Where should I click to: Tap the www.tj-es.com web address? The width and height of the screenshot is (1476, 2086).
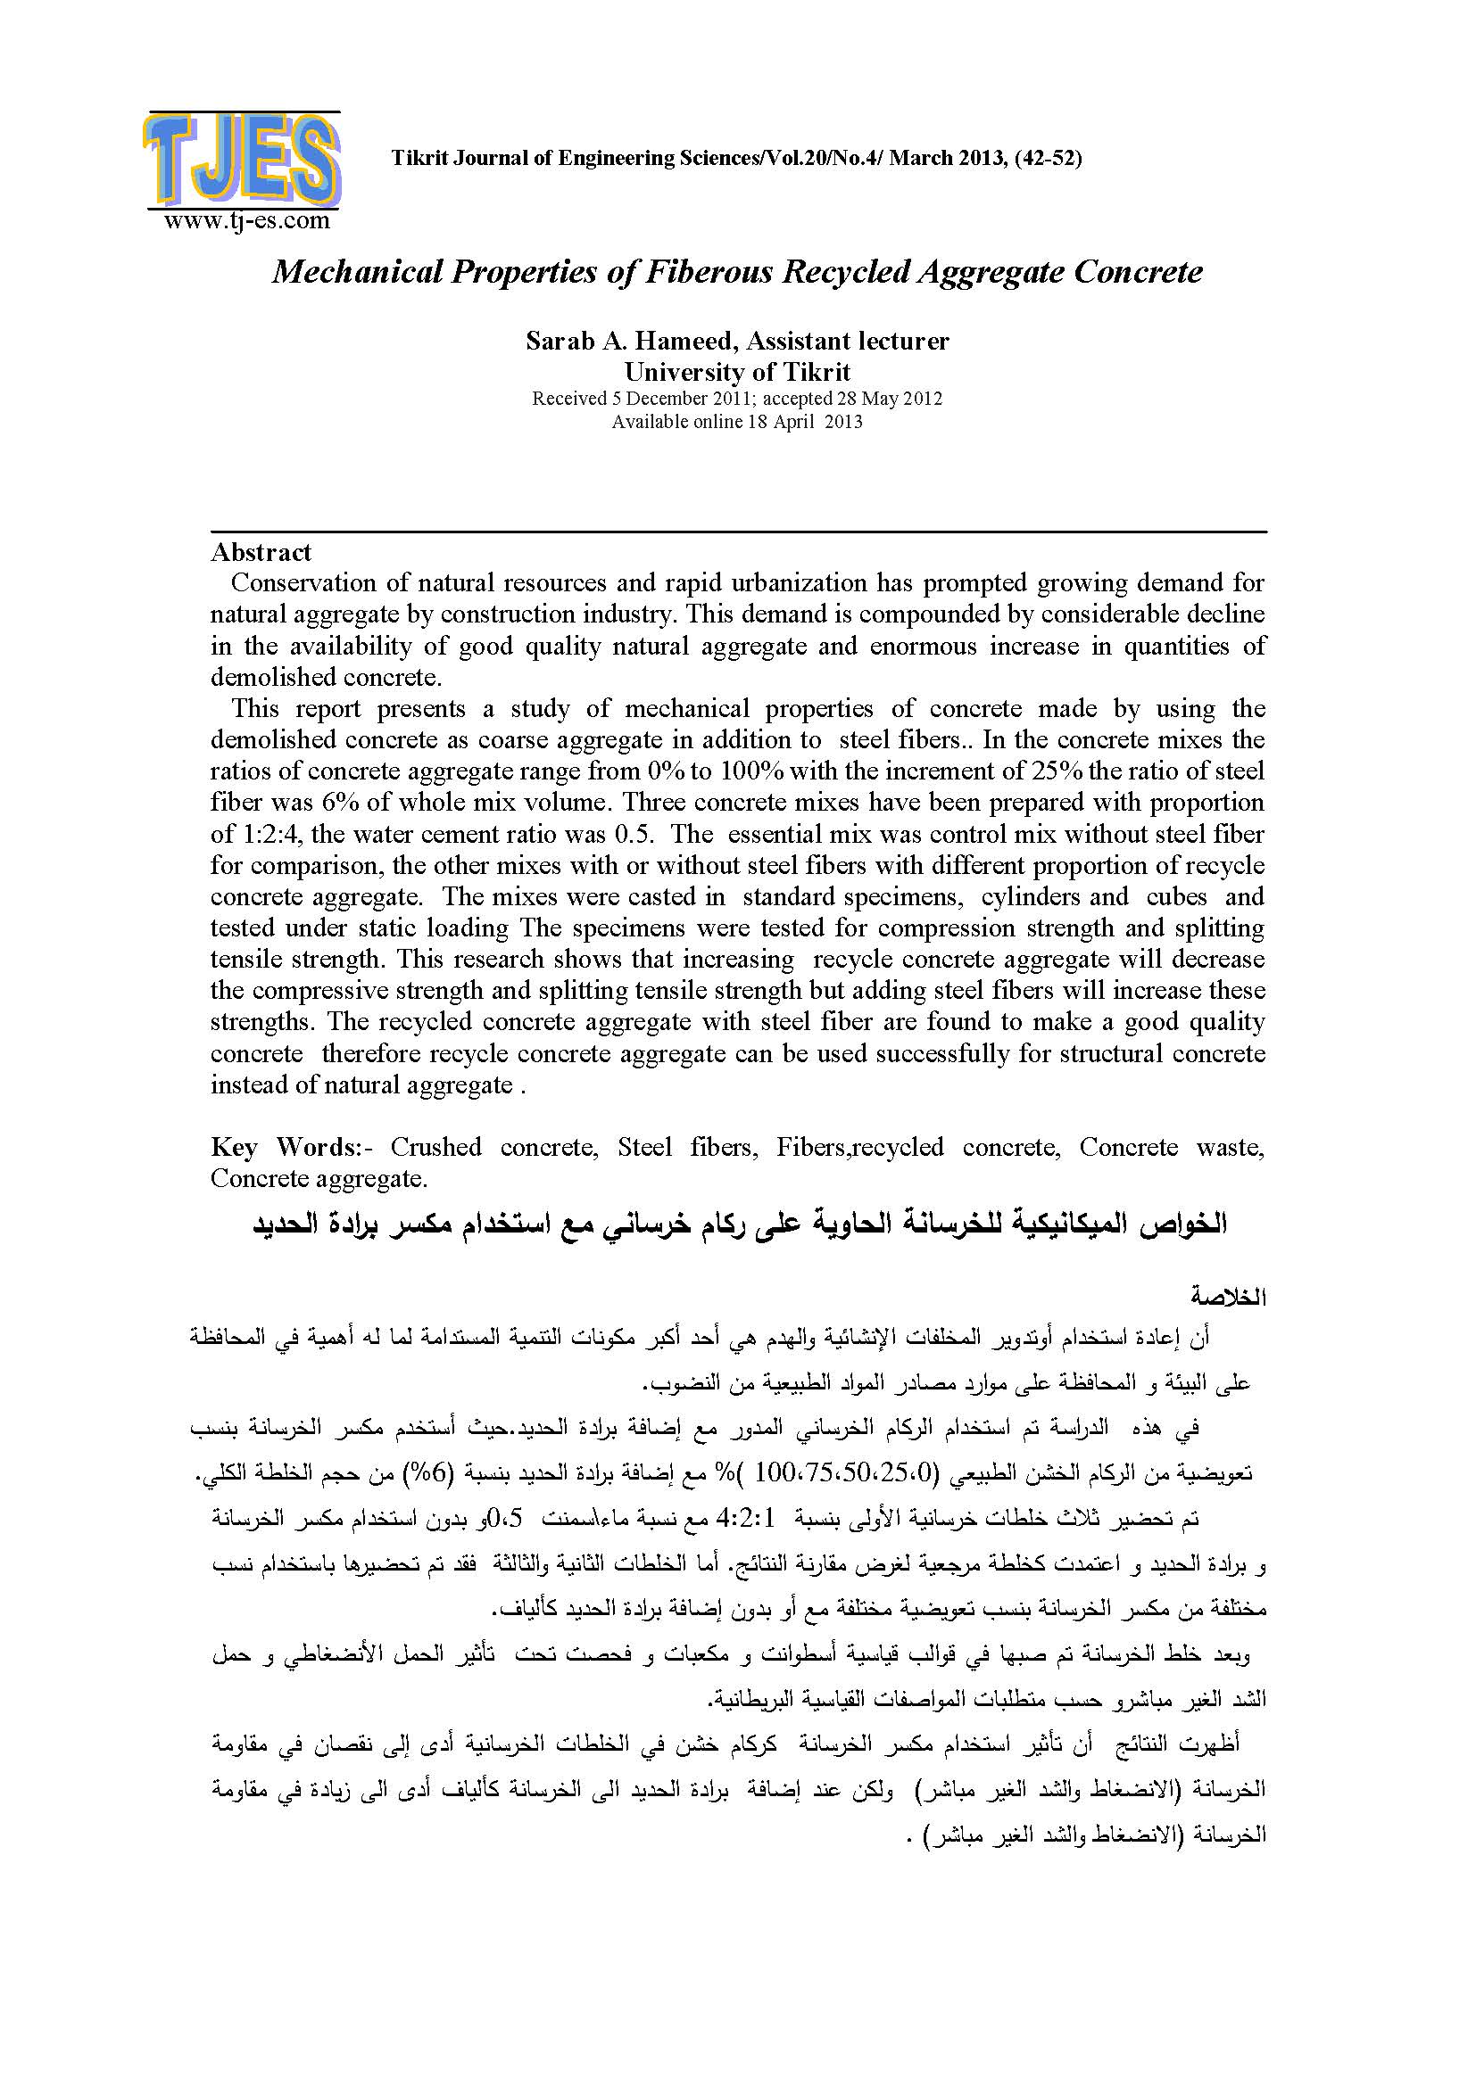(x=246, y=220)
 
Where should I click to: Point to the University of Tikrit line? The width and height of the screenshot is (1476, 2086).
(x=736, y=372)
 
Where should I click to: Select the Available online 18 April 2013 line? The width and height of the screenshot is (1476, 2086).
(x=736, y=422)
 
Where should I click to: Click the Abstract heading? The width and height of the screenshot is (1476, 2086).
(x=261, y=552)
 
